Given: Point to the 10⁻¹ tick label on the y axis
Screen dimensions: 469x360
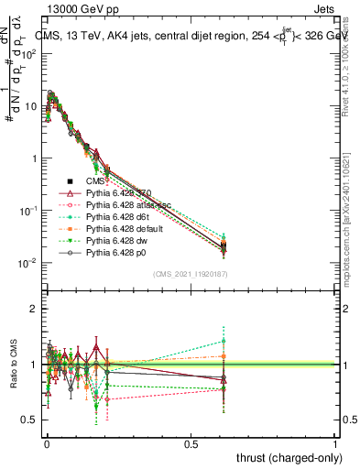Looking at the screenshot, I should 27,212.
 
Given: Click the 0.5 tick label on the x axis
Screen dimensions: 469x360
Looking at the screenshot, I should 191,446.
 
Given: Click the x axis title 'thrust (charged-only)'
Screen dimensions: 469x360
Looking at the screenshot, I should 288,458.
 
